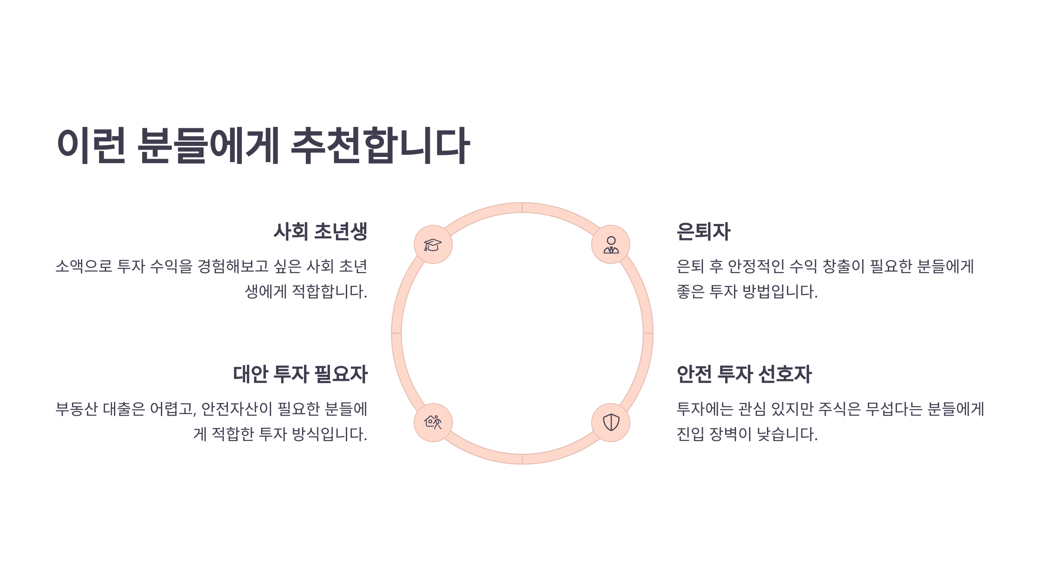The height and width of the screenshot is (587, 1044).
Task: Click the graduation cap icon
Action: click(433, 244)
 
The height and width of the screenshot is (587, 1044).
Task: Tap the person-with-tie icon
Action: click(611, 244)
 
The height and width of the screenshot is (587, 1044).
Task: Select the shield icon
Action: click(611, 422)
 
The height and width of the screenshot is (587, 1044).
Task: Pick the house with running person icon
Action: click(433, 422)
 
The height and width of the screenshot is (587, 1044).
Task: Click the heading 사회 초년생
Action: click(321, 231)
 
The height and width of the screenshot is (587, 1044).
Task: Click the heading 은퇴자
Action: click(703, 231)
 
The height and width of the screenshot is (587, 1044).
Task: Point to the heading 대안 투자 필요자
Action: click(301, 374)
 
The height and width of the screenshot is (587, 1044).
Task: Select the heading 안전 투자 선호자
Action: click(744, 374)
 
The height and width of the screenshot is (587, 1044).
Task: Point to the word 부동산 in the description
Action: click(77, 409)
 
